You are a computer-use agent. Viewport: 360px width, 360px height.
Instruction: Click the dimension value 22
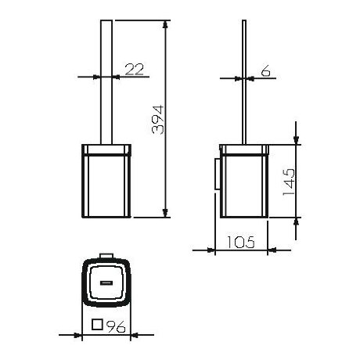click(135, 70)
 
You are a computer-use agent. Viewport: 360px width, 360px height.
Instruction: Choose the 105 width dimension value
click(242, 243)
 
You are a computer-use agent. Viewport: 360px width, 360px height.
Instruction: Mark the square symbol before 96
click(98, 327)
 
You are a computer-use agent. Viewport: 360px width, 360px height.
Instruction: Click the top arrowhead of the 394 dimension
click(165, 24)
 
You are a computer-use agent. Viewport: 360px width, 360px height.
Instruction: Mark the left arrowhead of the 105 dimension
click(218, 251)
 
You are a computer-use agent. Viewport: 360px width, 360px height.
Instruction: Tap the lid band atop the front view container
click(105, 148)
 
